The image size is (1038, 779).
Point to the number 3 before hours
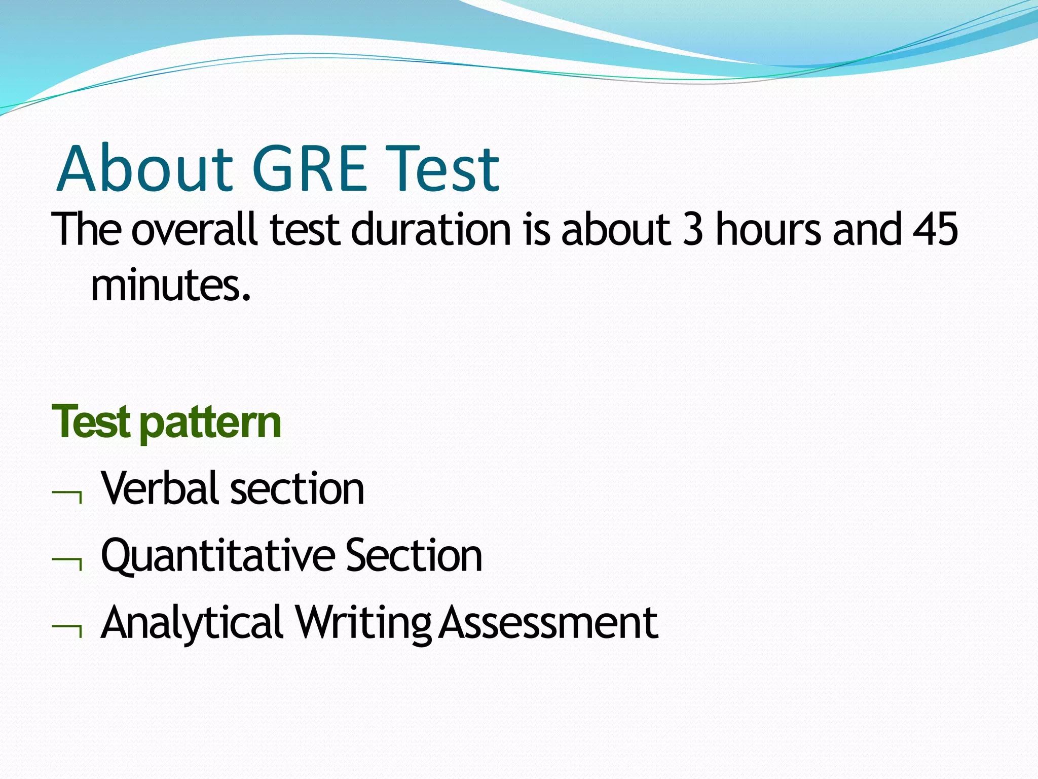[693, 230]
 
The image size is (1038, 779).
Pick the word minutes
[170, 286]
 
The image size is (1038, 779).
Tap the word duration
[431, 230]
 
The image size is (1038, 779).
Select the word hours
[767, 230]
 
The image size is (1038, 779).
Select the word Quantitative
[217, 556]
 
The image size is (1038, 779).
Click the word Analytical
[192, 623]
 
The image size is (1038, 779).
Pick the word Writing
[362, 623]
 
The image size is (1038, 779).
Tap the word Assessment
[547, 623]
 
